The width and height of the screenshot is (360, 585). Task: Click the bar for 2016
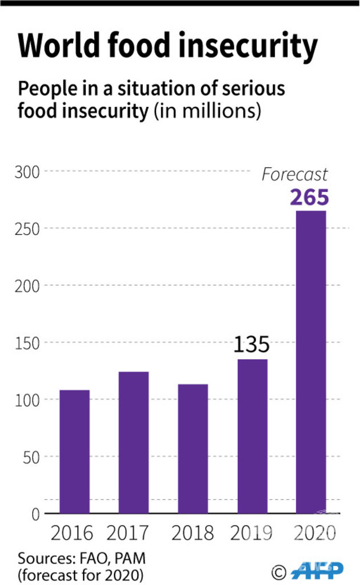(74, 451)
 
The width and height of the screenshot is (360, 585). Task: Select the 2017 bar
(134, 443)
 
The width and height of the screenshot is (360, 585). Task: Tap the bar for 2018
(193, 448)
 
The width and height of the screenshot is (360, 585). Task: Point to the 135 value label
(251, 345)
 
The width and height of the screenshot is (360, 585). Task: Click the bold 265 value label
(310, 197)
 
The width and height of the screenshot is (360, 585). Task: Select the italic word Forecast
(295, 174)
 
